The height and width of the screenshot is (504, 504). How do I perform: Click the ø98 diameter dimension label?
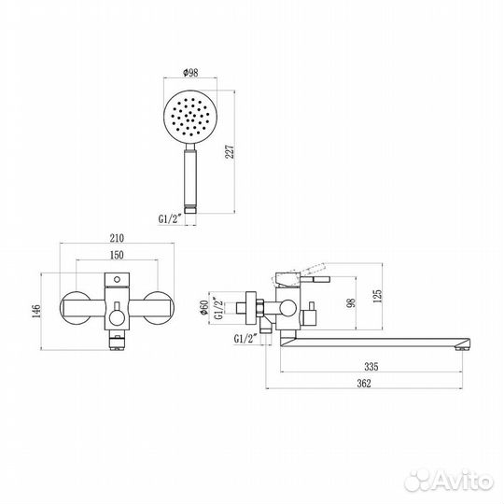190,73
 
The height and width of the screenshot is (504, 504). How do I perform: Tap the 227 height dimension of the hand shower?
231,152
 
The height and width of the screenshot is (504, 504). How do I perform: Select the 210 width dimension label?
117,238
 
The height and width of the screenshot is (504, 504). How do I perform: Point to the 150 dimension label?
117,255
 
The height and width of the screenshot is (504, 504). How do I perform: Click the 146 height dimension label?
36,312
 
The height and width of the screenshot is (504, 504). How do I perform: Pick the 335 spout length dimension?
371,367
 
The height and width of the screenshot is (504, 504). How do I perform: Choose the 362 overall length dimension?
364,384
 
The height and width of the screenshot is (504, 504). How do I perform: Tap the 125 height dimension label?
378,296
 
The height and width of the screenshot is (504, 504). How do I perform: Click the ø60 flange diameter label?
204,308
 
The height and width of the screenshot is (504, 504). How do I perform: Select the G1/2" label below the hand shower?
170,219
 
